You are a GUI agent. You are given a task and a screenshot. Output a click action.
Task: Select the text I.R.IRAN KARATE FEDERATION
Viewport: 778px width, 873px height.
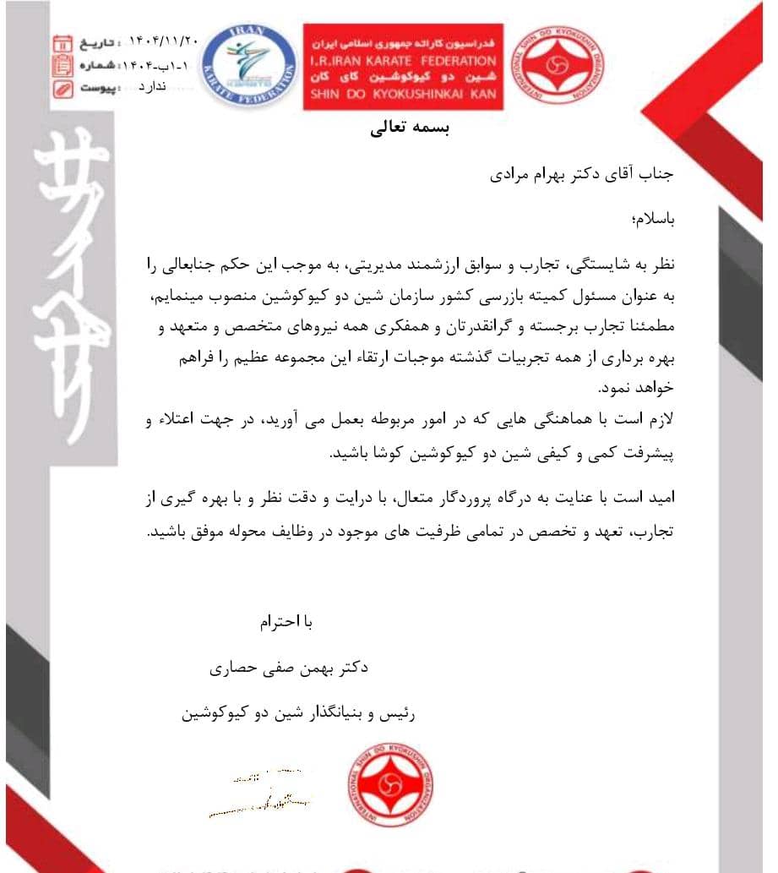(x=404, y=61)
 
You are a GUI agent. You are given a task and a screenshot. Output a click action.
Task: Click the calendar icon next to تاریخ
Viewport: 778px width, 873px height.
(x=62, y=42)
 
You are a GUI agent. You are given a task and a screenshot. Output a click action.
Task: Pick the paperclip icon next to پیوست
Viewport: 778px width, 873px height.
(x=62, y=88)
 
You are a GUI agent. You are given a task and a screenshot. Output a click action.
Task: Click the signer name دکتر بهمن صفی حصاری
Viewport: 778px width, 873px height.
(x=290, y=668)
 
